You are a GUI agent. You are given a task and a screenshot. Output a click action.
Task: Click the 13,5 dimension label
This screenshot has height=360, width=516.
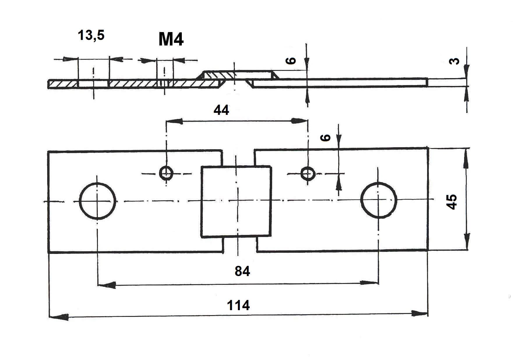coord(91,36)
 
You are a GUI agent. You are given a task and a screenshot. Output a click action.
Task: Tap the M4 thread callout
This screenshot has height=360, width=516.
coord(171,39)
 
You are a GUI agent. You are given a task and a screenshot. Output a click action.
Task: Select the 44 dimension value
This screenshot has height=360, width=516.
coord(221,110)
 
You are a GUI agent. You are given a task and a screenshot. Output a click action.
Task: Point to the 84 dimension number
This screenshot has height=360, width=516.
coord(242,271)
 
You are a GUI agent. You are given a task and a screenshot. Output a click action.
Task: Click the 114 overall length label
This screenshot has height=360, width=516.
coord(238,305)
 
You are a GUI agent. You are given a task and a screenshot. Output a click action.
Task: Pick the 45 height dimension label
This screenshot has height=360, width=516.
coord(452,201)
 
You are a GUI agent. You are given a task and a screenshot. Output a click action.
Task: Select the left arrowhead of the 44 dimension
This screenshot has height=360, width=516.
coord(175,121)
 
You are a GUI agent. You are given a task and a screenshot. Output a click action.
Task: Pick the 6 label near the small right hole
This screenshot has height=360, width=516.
coord(325,138)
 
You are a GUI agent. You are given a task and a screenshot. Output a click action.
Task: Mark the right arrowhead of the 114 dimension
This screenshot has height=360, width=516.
coord(419,314)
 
